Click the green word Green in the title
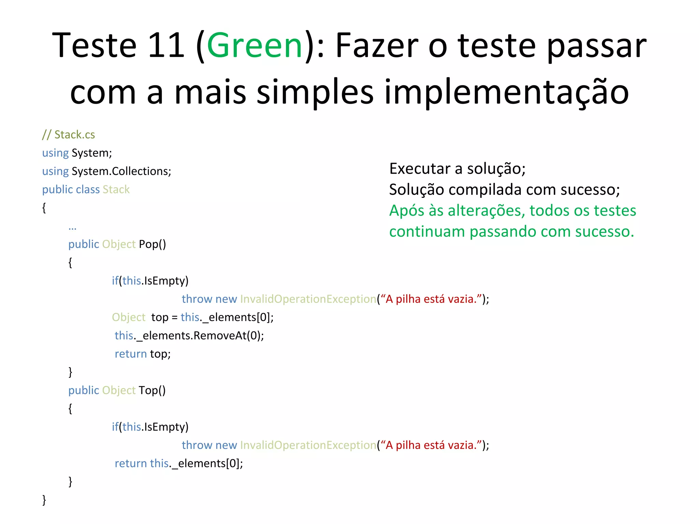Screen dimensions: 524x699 coord(254,45)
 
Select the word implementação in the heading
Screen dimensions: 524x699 coord(507,92)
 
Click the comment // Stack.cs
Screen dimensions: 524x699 coord(68,135)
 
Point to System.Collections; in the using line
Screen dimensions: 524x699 coord(121,171)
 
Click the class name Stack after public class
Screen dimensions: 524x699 coord(116,189)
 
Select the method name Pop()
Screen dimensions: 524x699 coord(152,244)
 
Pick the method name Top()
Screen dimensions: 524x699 coord(152,390)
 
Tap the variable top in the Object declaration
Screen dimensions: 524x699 coord(160,317)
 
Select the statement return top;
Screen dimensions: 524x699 coord(143,354)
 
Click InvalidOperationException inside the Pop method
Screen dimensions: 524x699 coord(308,299)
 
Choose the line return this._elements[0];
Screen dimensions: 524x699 coord(179,463)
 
